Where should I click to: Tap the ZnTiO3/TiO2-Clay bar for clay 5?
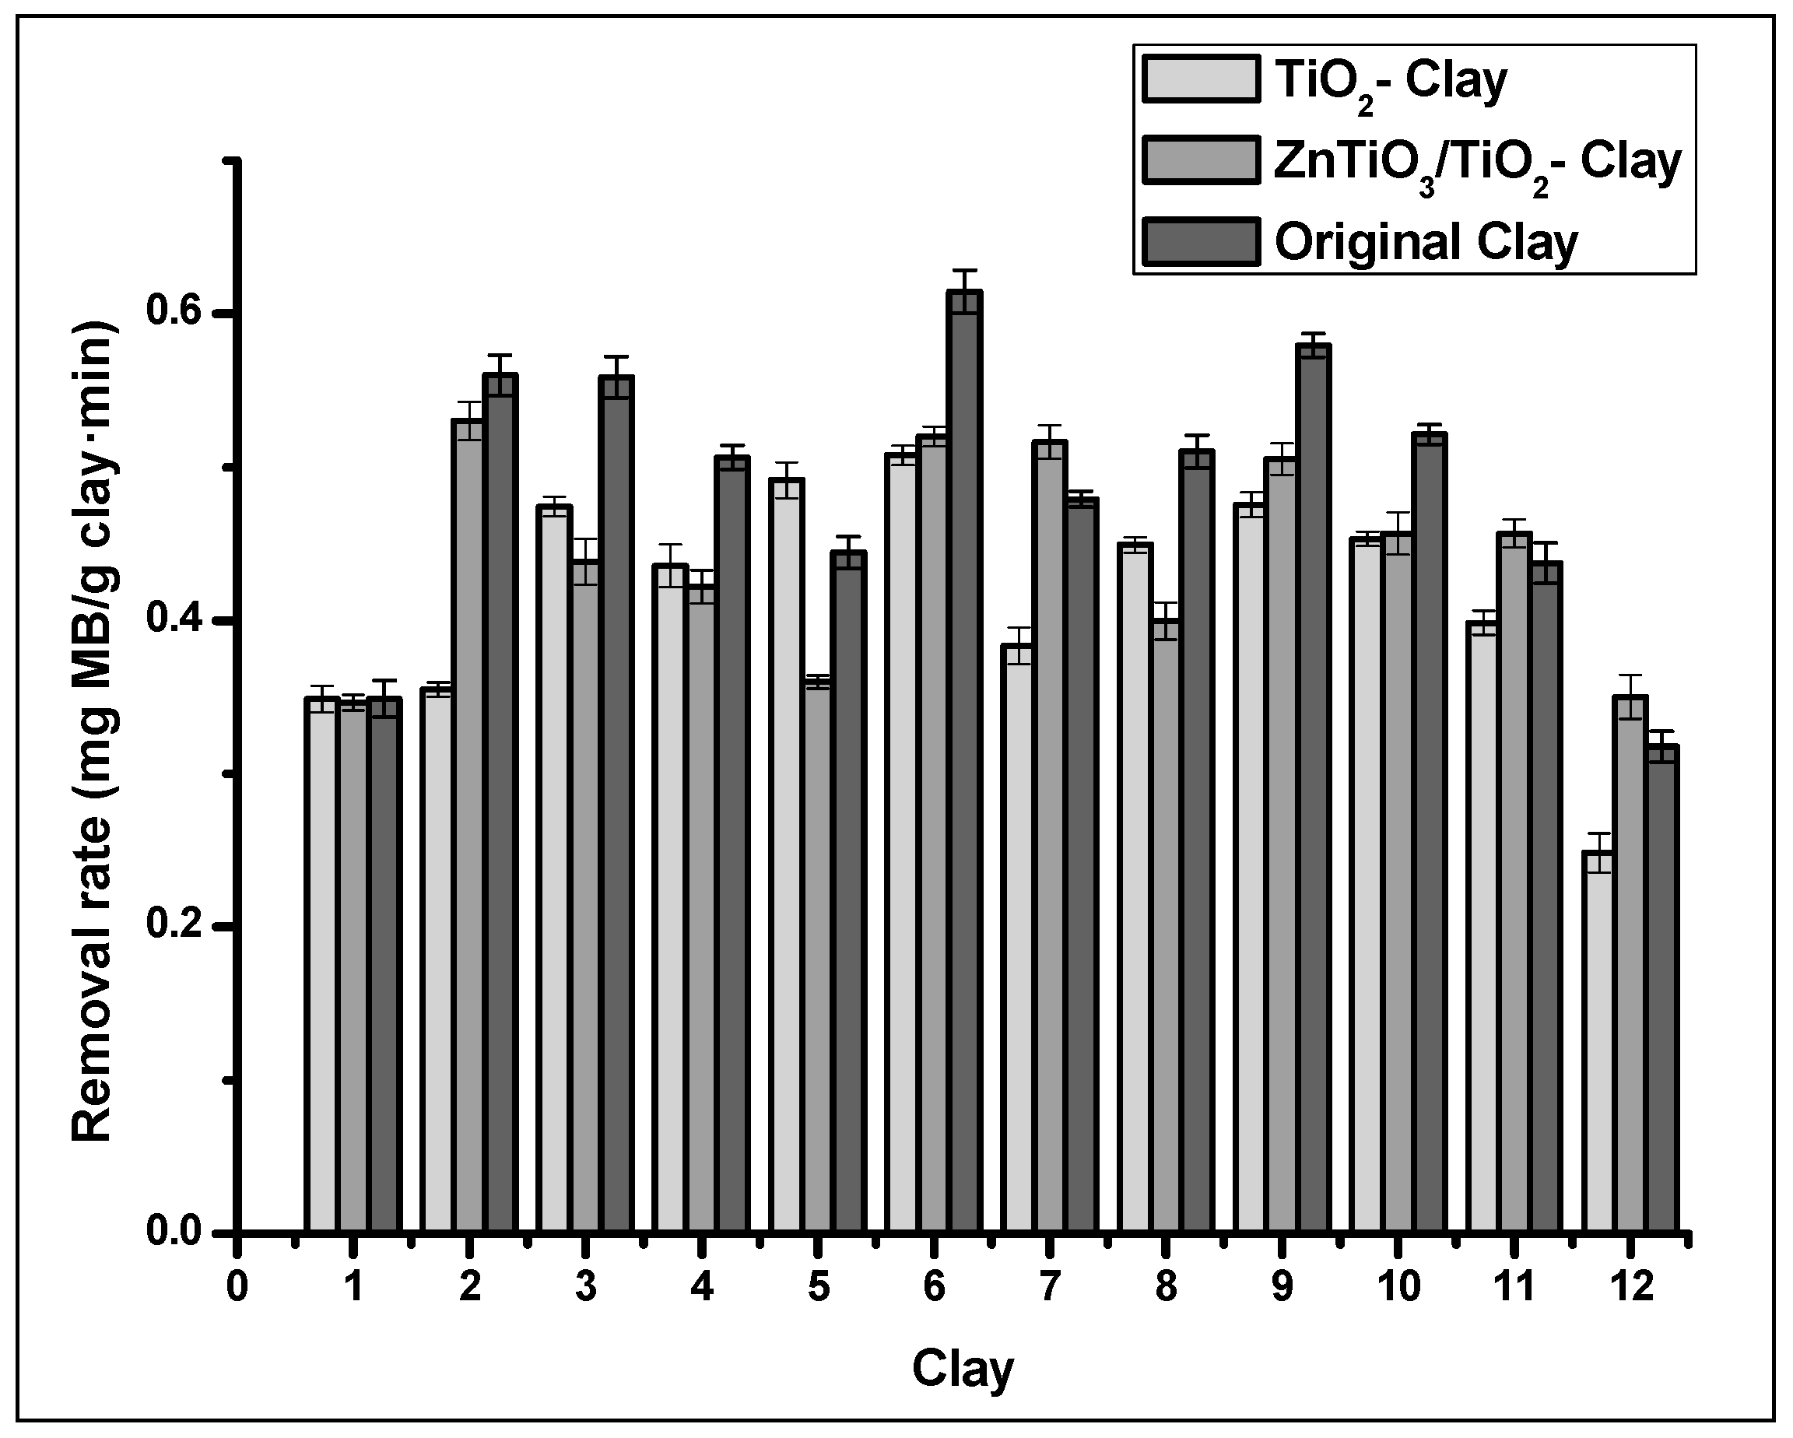819,956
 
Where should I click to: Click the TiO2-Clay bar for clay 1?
321,965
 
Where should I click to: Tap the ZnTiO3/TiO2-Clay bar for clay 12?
1630,965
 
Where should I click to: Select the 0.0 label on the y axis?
174,1231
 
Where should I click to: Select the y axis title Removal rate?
93,732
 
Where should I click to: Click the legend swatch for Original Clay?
1201,242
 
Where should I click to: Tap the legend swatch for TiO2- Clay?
1201,80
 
